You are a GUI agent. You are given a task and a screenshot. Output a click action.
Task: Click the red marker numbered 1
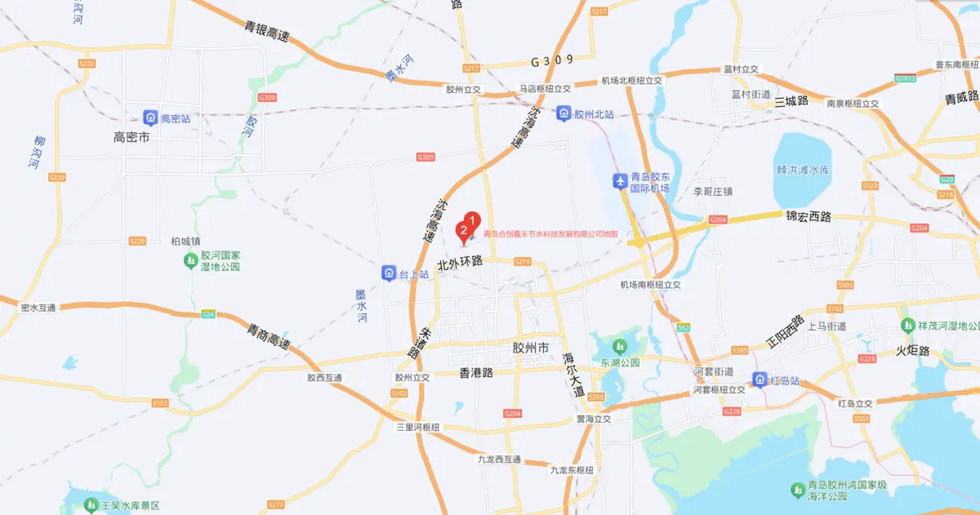pos(472,219)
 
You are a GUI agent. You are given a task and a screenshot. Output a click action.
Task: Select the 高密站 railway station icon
pos(150,118)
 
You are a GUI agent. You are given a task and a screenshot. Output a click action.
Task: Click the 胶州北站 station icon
pos(563,114)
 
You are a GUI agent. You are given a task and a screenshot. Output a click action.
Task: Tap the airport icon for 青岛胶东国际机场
pos(619,180)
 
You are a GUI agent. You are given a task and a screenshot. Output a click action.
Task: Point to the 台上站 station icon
pos(389,273)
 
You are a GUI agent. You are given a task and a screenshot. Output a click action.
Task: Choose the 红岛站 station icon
pos(759,380)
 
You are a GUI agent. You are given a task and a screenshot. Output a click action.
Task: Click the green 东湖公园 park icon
pos(619,348)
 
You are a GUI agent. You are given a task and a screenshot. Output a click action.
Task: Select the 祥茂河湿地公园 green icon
pos(907,325)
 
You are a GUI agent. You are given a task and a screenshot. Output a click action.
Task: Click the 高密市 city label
pos(132,138)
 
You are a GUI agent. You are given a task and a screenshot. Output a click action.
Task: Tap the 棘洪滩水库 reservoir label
pos(803,170)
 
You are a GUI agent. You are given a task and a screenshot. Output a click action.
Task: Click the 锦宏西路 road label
pos(808,217)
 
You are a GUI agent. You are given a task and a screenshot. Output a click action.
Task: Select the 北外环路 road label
pos(461,263)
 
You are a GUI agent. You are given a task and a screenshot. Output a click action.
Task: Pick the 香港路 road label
pos(471,372)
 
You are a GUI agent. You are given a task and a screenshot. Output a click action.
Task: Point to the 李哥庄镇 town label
pos(713,192)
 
